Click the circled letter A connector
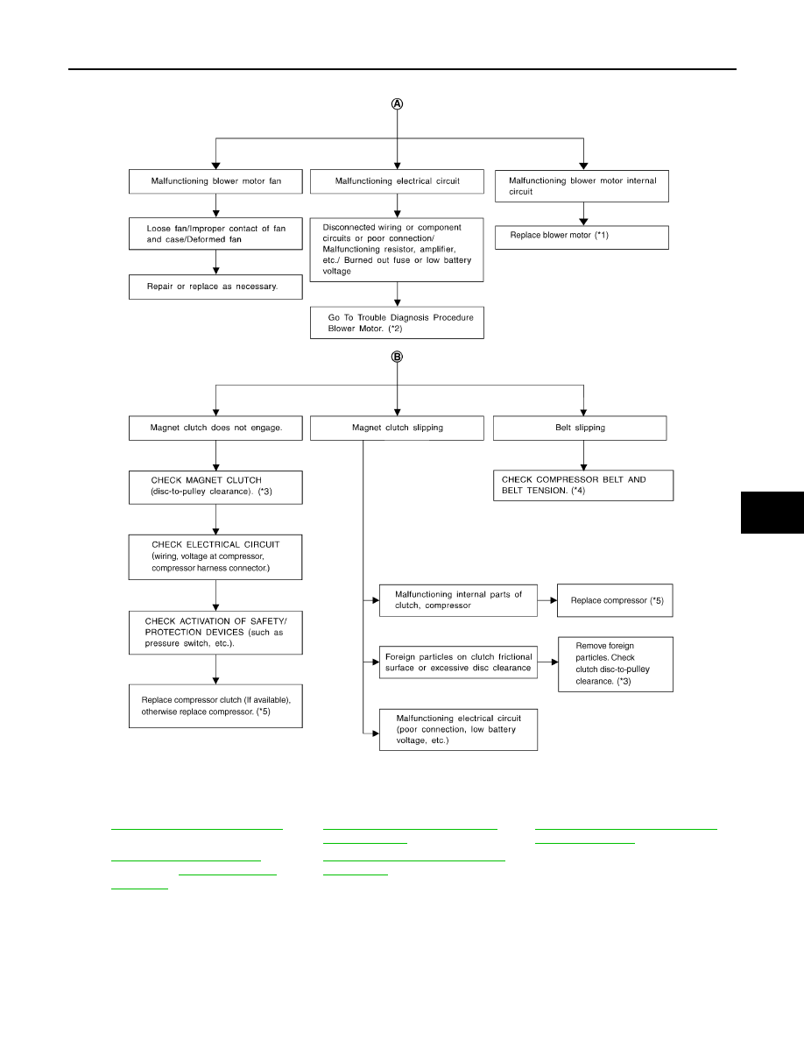397,103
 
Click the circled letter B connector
397,357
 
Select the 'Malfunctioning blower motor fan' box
215,181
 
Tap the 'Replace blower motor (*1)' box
582,237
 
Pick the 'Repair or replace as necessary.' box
215,287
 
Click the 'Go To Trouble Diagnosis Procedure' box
397,322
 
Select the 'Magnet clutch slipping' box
397,428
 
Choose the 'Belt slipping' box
580,428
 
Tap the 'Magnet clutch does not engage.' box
215,428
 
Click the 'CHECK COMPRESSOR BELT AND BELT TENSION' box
583,485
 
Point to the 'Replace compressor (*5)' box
615,600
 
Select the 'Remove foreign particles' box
616,664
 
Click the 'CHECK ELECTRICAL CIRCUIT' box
215,557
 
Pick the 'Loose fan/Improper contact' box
215,234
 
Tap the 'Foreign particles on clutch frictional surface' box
458,662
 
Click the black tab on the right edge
772,513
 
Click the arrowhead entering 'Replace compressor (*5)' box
554,600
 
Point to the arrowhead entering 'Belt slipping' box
584,412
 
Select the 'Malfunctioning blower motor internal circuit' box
582,186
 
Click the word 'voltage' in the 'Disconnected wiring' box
337,272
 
